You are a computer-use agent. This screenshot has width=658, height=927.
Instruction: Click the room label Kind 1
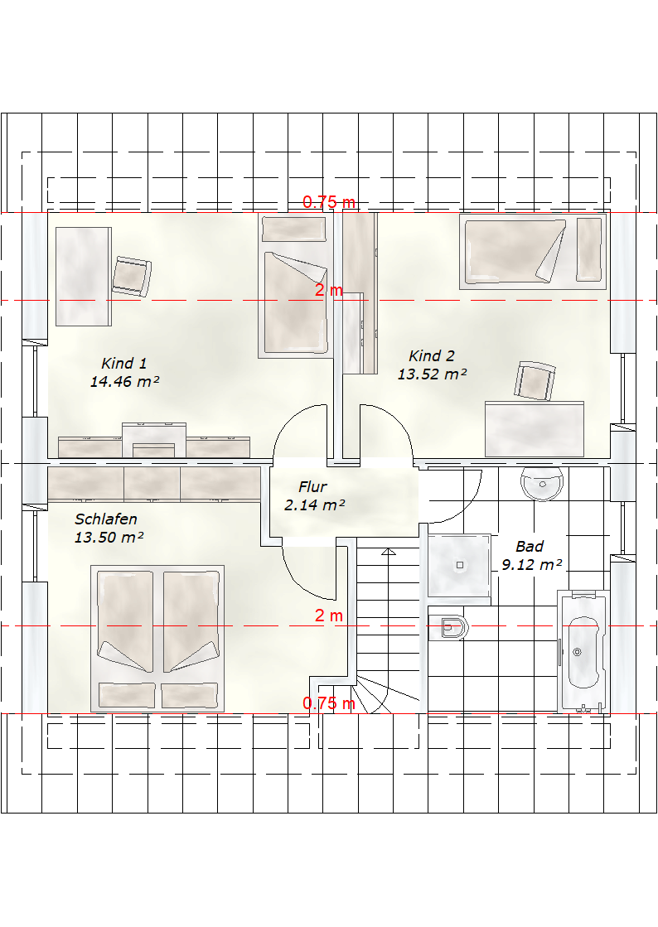(124, 363)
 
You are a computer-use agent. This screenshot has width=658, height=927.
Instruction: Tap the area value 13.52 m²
(432, 374)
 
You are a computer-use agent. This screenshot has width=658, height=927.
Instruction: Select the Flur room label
(312, 486)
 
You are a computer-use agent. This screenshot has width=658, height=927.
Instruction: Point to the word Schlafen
(106, 519)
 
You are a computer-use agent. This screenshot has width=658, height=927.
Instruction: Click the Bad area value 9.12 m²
(532, 565)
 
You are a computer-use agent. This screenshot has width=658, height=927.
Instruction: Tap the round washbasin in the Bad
(542, 485)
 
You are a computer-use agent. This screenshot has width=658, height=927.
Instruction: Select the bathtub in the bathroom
(583, 651)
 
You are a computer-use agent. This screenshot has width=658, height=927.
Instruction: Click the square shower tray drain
(460, 565)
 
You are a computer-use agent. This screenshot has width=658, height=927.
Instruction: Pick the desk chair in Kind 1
(131, 276)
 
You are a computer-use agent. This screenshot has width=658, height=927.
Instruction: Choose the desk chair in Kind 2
(535, 381)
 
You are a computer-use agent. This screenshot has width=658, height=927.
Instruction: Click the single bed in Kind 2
(533, 251)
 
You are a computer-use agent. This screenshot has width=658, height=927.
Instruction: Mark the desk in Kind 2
(535, 429)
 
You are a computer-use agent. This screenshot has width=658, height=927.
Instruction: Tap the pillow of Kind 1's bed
(294, 229)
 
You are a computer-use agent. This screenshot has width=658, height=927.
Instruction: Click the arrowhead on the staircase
(389, 552)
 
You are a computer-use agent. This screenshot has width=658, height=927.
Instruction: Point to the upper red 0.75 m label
(329, 201)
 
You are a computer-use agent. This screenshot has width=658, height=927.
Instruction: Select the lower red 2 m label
(329, 616)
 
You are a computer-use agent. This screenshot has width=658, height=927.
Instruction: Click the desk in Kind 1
(84, 277)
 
